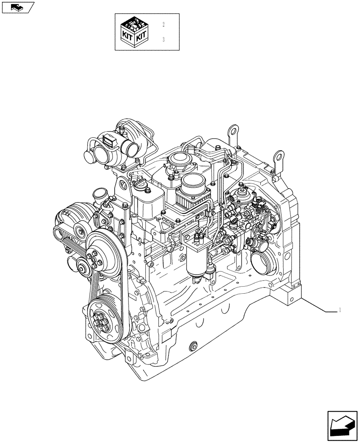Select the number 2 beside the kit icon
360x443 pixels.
(x=164, y=24)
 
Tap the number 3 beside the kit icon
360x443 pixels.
(x=164, y=39)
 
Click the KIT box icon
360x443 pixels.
(x=134, y=31)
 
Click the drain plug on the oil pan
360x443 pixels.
(x=193, y=346)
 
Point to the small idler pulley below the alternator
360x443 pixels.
(x=82, y=266)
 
